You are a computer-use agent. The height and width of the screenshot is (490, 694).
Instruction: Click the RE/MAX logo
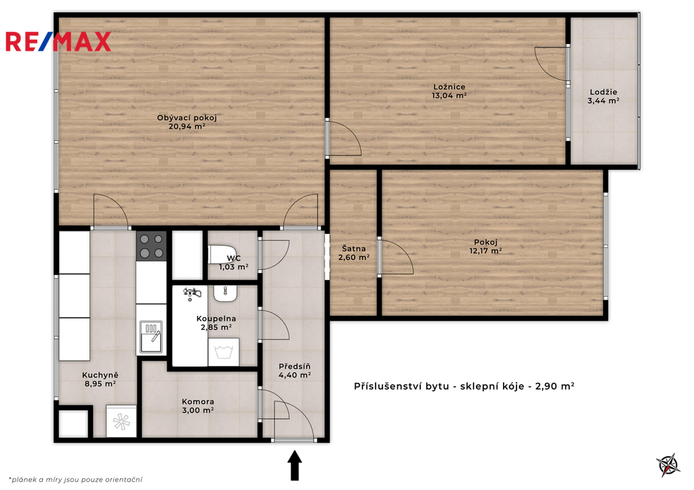pyautogui.click(x=58, y=41)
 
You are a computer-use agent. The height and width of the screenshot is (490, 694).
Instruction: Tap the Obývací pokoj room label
pyautogui.click(x=187, y=118)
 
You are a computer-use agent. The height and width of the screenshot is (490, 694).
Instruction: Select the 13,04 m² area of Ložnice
pyautogui.click(x=449, y=95)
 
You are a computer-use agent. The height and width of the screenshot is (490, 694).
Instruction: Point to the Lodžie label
pyautogui.click(x=603, y=92)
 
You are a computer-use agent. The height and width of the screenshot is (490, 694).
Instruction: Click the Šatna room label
pyautogui.click(x=354, y=249)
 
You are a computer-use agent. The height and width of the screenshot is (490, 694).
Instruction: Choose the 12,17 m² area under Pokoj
pyautogui.click(x=485, y=251)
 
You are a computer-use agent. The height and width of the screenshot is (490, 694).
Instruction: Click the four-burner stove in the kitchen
pyautogui.click(x=151, y=246)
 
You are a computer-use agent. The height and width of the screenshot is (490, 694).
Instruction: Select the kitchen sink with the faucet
pyautogui.click(x=151, y=336)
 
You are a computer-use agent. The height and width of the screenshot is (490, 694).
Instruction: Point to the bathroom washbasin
pyautogui.click(x=225, y=293)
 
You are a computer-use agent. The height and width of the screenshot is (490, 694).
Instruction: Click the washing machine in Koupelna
pyautogui.click(x=224, y=352)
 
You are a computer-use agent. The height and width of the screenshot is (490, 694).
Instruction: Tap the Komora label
pyautogui.click(x=198, y=402)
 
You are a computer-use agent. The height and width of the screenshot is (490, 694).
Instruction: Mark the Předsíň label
pyautogui.click(x=294, y=367)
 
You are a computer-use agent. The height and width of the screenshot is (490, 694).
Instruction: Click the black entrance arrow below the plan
pyautogui.click(x=295, y=465)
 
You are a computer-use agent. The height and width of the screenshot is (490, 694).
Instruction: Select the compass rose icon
pyautogui.click(x=668, y=465)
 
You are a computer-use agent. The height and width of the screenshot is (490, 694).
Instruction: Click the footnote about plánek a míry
pyautogui.click(x=75, y=479)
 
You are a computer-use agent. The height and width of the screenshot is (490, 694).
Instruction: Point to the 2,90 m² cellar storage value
pyautogui.click(x=555, y=386)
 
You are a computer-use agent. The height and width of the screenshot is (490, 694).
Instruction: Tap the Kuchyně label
pyautogui.click(x=100, y=375)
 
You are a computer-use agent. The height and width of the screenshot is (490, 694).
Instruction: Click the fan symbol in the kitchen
pyautogui.click(x=121, y=422)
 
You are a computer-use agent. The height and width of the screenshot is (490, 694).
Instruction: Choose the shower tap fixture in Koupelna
pyautogui.click(x=192, y=293)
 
